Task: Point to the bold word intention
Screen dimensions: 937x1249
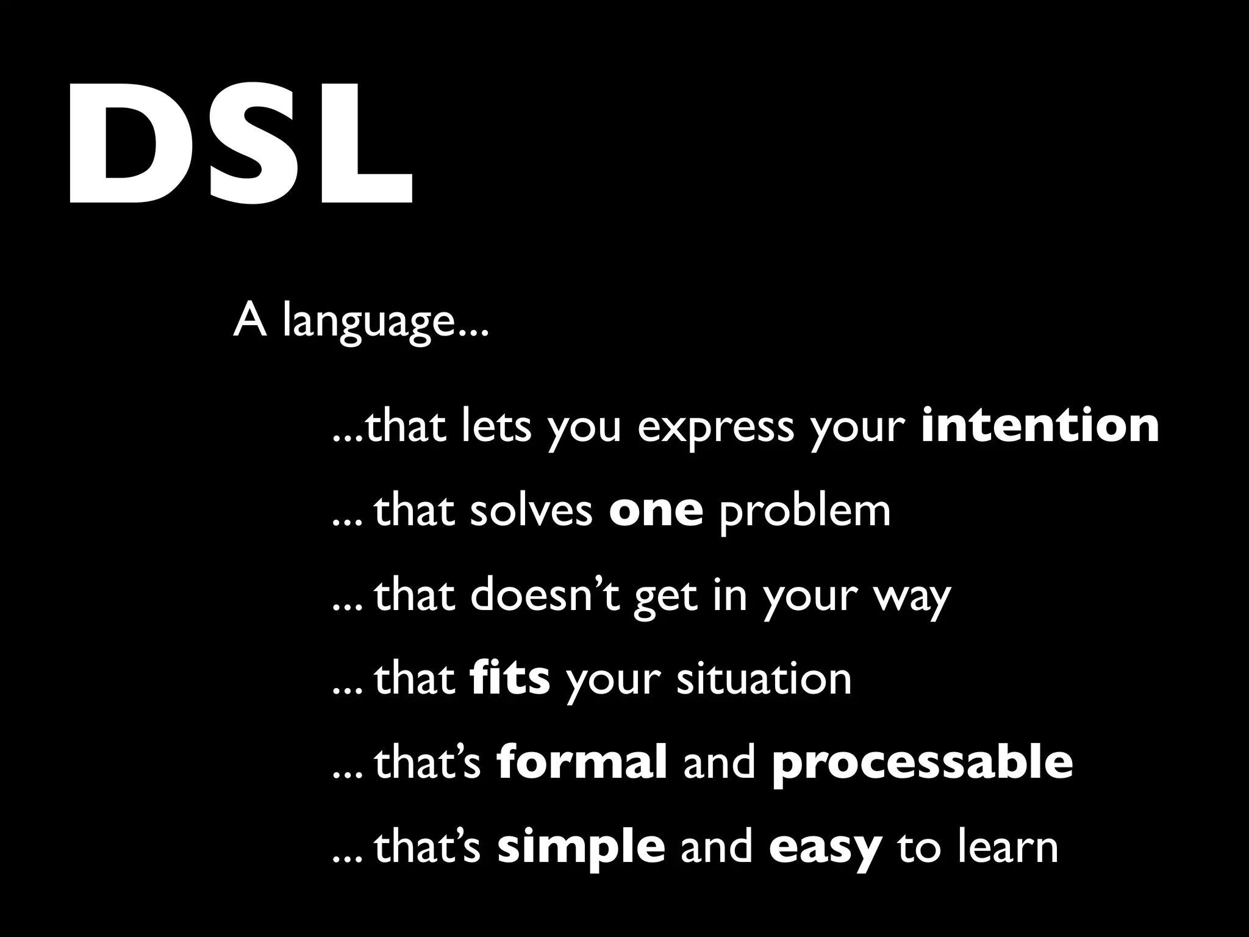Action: click(1040, 425)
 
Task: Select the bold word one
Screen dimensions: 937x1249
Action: click(656, 511)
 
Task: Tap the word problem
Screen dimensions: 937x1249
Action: click(804, 512)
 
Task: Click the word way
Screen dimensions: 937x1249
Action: click(912, 598)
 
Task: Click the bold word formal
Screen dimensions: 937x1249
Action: click(582, 762)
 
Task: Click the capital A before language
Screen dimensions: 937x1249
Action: click(249, 320)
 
